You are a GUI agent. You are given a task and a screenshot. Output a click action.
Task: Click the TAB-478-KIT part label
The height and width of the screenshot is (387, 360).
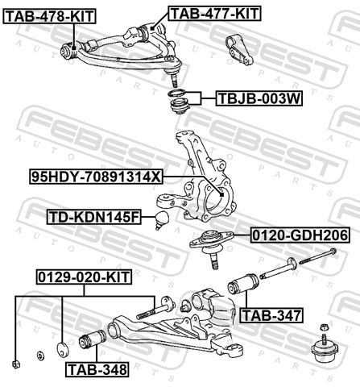[49, 16]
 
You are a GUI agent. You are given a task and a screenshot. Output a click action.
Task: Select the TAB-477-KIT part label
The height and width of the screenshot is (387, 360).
[214, 14]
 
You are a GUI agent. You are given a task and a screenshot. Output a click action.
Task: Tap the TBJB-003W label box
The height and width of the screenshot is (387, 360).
[259, 98]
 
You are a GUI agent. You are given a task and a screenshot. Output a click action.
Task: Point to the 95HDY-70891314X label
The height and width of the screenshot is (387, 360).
[96, 177]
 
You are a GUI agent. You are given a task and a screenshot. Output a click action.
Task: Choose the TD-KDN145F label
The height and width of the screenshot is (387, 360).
[94, 217]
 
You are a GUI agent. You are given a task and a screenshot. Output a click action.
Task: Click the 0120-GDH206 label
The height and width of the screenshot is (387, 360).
[300, 235]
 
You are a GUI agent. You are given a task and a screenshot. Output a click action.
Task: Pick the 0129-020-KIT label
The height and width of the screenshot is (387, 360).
[84, 277]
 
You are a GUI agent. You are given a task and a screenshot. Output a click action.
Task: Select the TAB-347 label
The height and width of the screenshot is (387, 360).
[271, 315]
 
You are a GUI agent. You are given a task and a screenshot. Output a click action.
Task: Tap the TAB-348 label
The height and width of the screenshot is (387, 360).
[97, 369]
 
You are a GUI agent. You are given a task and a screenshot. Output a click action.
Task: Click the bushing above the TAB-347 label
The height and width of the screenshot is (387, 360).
[243, 284]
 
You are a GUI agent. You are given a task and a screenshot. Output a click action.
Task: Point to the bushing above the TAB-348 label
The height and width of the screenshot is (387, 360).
[93, 339]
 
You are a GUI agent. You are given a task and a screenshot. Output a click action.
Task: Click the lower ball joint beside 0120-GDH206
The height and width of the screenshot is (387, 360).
[212, 245]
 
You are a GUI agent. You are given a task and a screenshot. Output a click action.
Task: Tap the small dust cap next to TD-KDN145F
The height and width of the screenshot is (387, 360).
[162, 219]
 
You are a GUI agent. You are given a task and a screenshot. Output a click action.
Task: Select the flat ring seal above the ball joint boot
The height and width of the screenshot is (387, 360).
[176, 94]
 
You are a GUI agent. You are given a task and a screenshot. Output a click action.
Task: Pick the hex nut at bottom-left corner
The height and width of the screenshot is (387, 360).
[15, 364]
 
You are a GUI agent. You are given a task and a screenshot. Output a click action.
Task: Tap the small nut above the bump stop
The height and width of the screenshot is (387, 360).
[324, 327]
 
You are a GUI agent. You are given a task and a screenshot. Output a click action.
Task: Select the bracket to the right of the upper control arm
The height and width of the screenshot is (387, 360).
[239, 50]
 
